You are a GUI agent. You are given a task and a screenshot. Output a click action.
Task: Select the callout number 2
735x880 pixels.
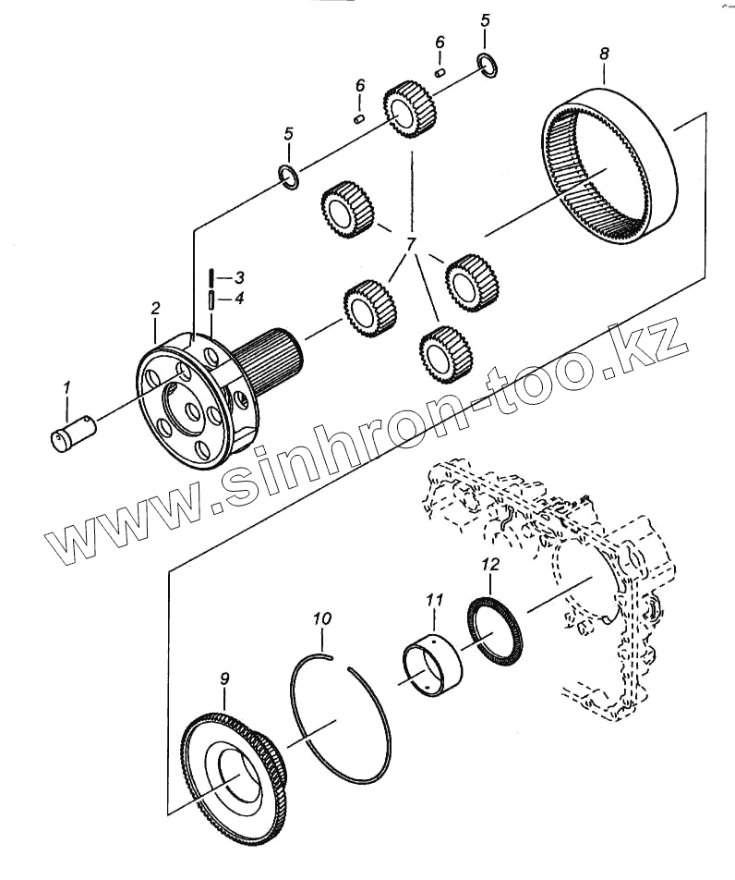point(155,307)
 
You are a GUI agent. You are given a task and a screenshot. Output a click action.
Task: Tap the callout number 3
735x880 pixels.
point(238,277)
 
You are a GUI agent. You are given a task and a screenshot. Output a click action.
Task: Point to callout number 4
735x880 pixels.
point(238,299)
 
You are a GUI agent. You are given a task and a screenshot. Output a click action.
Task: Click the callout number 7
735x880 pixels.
point(409,244)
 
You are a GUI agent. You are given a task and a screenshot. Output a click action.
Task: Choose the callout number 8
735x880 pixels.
point(604,55)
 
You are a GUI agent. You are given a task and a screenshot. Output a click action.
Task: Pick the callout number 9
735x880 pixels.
point(223,679)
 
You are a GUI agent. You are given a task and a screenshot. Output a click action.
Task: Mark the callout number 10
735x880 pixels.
point(321,617)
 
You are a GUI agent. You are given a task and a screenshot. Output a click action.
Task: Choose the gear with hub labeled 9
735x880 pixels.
point(231,767)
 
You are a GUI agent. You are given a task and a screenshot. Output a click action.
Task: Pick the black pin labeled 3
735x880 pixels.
point(212,276)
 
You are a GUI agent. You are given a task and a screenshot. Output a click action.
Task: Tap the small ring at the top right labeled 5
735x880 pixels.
point(488,64)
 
